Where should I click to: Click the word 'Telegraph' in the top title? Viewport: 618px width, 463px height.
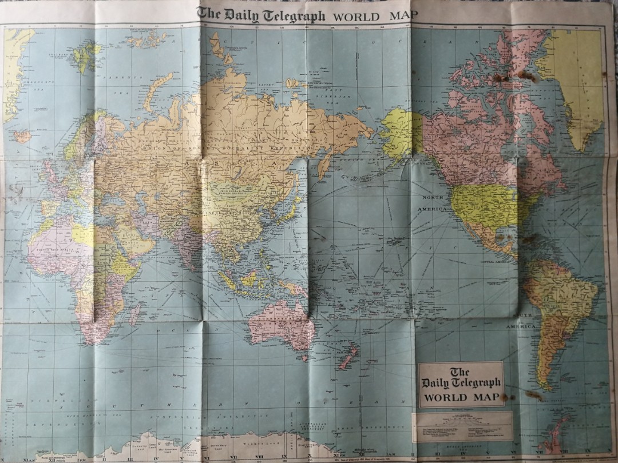click(x=291, y=15)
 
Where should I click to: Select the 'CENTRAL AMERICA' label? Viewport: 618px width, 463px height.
click(x=496, y=261)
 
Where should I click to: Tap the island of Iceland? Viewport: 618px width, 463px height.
click(x=22, y=136)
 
